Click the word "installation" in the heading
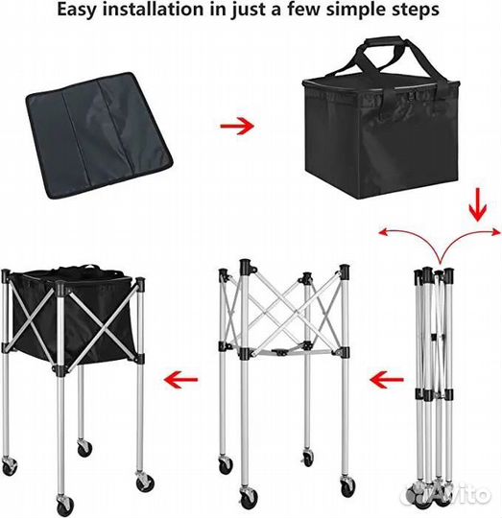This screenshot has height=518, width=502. [153, 9]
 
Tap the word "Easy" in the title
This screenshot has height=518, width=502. [77, 10]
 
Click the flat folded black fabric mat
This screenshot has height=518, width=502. [99, 135]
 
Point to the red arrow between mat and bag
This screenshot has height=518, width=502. [237, 126]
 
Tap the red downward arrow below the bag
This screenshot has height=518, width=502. [478, 205]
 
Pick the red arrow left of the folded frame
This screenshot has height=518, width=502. [387, 380]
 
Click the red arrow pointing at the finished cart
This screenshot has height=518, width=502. [180, 379]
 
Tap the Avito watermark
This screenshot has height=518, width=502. [446, 495]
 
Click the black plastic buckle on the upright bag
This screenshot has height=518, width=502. [413, 97]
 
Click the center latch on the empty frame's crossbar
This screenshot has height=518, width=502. [280, 351]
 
